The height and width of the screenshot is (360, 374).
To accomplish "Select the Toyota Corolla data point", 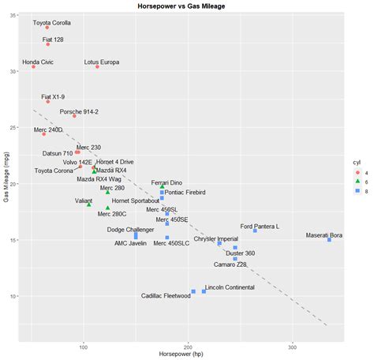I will click(x=47, y=28).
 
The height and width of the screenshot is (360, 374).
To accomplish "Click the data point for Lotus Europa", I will click(x=98, y=66).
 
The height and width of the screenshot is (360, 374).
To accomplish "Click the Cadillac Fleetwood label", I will click(x=166, y=296).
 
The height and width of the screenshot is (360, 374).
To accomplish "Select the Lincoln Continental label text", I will click(x=230, y=287).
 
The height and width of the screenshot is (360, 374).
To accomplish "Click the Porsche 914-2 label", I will click(x=79, y=112).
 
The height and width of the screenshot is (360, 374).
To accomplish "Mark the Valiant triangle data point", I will click(x=88, y=204).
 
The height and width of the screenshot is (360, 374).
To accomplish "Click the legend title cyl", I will click(x=357, y=160).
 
